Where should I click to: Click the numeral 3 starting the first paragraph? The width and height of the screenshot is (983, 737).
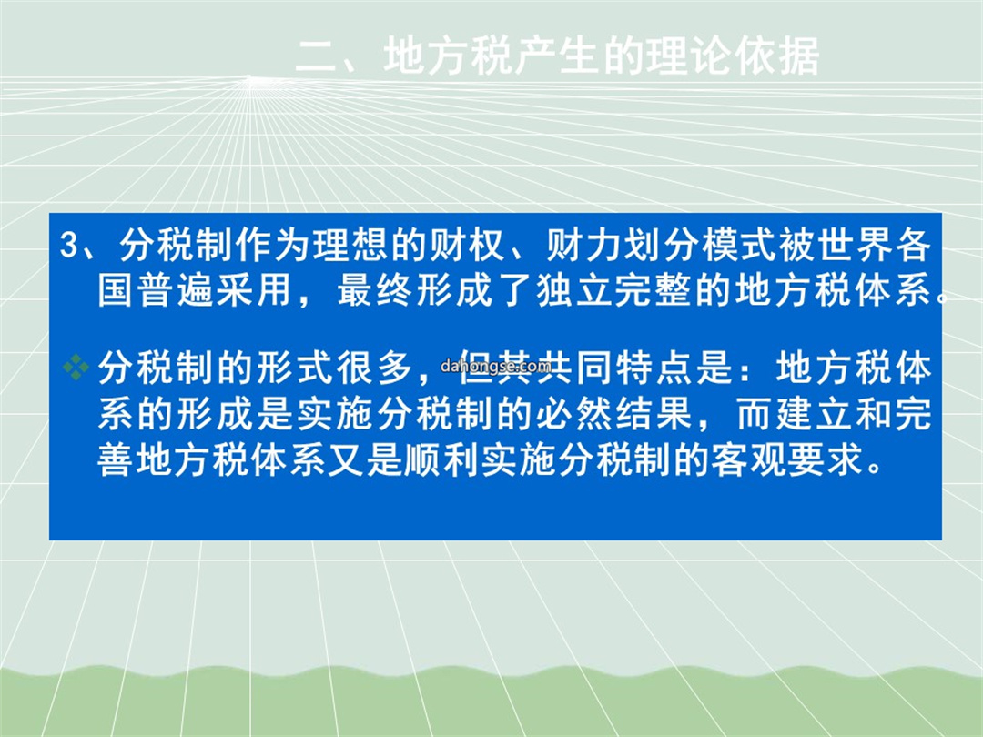coord(68,245)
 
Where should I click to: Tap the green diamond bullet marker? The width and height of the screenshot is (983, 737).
coord(76,367)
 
